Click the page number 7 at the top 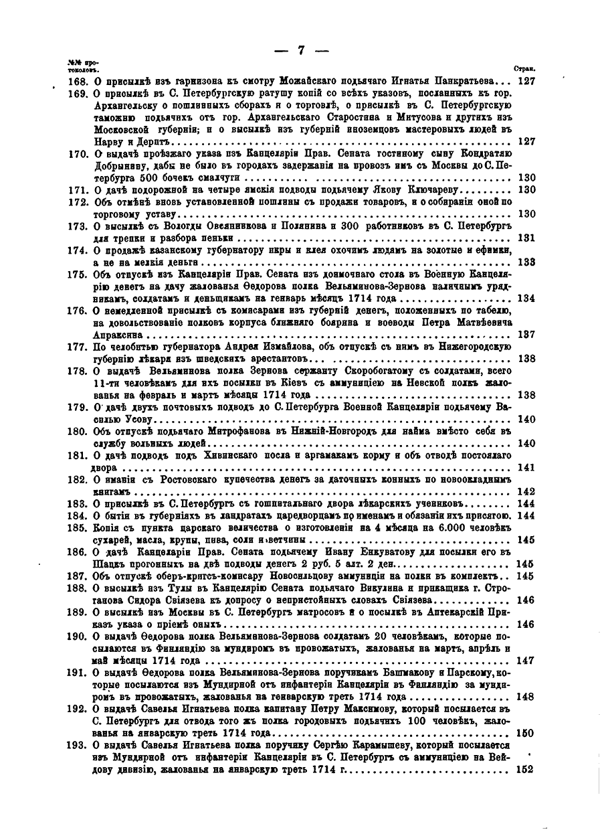click(301, 51)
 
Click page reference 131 click(526, 238)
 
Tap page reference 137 click(526, 334)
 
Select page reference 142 click(526, 491)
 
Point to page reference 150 click(526, 732)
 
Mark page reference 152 click(526, 770)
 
